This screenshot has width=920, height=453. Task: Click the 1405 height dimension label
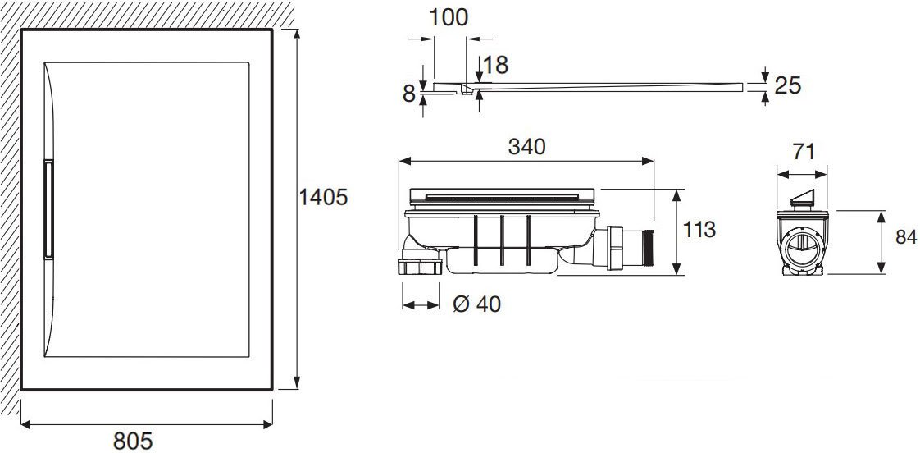323,197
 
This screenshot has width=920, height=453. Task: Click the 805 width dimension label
133,441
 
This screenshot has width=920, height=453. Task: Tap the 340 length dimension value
526,147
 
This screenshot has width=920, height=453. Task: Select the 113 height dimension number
699,229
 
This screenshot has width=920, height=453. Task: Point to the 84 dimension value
906,237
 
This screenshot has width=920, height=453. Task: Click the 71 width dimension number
804,152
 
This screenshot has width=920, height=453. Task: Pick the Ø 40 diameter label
477,304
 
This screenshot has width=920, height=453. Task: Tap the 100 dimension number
449,17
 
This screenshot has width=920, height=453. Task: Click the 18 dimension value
496,65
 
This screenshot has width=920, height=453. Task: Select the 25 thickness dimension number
787,86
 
